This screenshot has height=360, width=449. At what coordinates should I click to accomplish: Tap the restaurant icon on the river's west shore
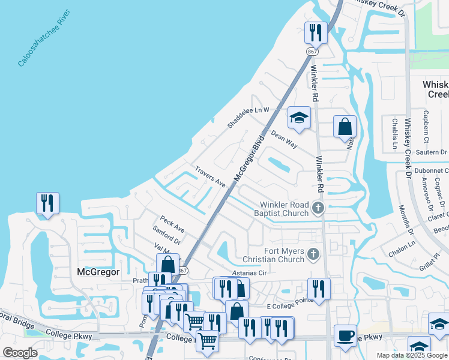coord(47,203)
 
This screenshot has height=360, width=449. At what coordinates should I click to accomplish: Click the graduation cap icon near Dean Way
coord(298,118)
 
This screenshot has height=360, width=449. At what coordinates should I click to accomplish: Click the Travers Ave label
coord(209,178)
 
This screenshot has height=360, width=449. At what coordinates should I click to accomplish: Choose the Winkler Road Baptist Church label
coord(280,208)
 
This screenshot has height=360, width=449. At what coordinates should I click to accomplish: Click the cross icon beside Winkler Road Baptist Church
coord(318,208)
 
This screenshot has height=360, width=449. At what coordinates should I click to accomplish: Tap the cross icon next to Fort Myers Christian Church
coord(312,255)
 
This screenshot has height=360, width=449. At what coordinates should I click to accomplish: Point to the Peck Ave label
coord(172,225)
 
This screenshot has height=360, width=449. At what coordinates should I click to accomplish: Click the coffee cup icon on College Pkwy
coord(345,336)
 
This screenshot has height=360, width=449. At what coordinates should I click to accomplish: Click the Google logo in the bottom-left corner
coord(20,353)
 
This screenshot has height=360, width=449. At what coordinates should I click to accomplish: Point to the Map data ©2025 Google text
coord(411,355)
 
